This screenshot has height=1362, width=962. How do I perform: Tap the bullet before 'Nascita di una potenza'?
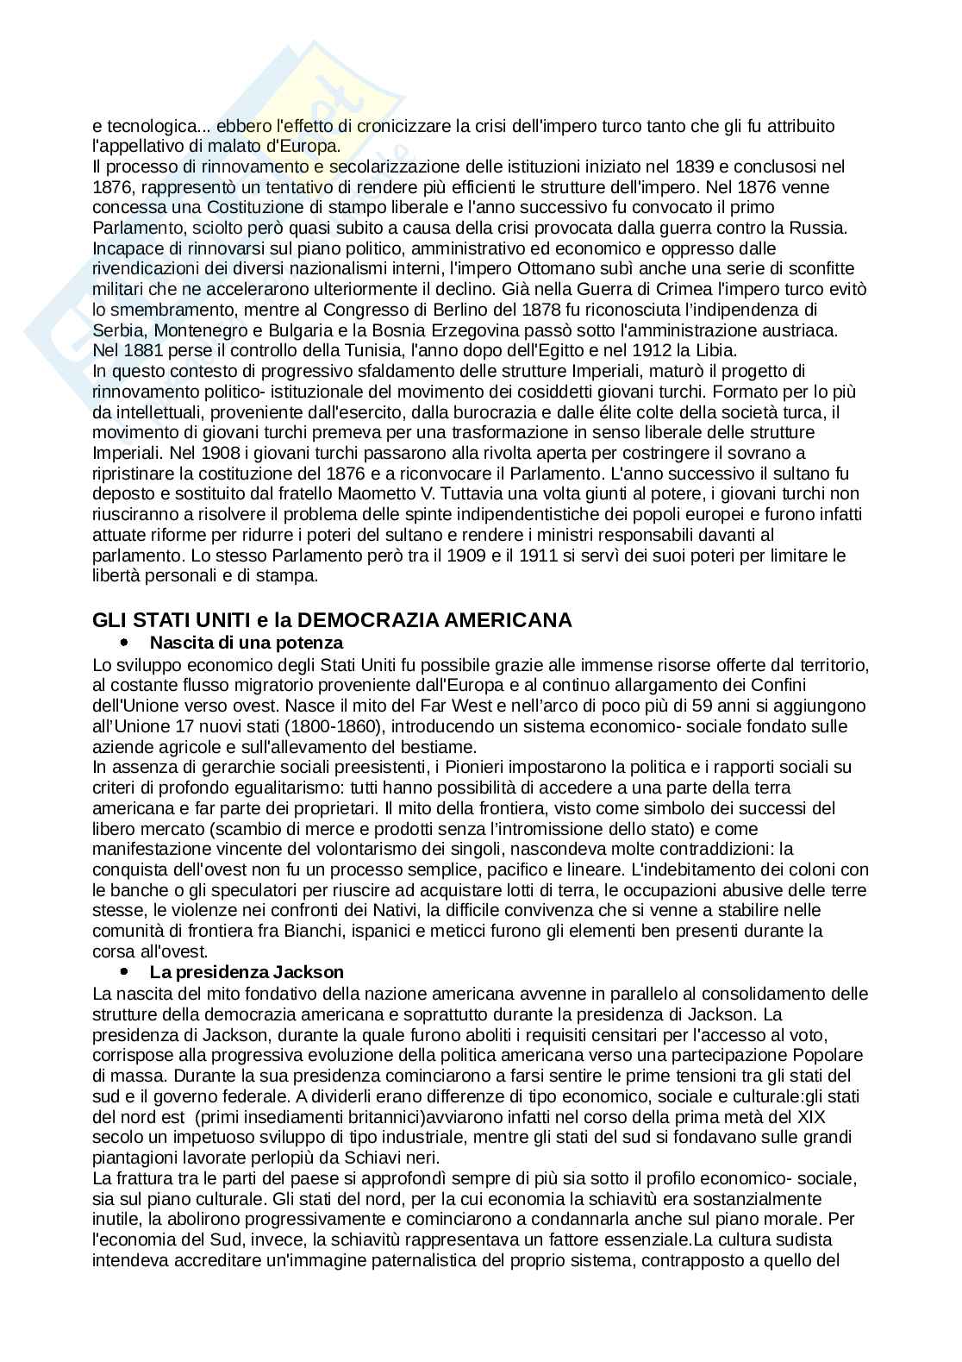(x=125, y=643)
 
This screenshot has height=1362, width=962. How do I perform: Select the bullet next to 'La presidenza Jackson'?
(x=125, y=973)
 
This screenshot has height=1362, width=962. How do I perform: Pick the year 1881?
(x=142, y=351)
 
